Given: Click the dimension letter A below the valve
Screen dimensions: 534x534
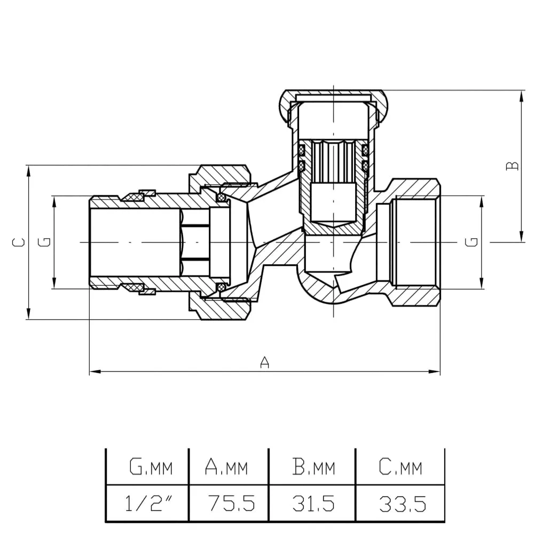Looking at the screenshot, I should (264, 363).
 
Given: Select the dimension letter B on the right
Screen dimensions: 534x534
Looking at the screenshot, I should (512, 166).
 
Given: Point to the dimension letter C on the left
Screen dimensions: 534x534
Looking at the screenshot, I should (19, 242).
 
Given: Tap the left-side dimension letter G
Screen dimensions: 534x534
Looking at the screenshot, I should (46, 242).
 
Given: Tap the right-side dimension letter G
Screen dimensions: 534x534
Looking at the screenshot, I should (472, 242).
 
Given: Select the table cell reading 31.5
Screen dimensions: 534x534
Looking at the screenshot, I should (313, 503).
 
